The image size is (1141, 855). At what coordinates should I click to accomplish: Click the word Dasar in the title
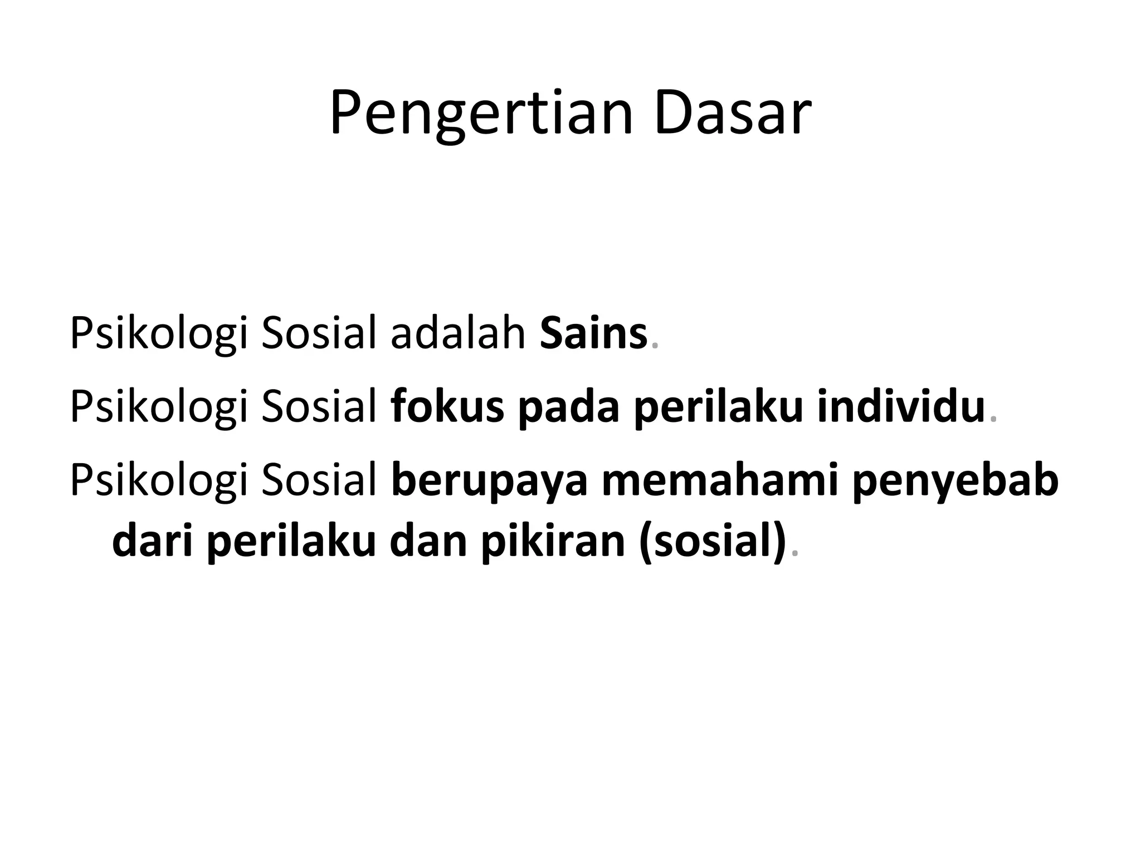(733, 114)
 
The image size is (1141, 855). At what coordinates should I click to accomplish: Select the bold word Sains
(593, 334)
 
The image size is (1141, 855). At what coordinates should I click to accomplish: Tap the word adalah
(458, 334)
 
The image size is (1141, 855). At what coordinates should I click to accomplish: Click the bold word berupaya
(489, 482)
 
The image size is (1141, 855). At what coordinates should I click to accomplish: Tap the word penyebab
(955, 482)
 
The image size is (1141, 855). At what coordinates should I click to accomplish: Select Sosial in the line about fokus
(319, 407)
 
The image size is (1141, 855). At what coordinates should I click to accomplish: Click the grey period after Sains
(655, 346)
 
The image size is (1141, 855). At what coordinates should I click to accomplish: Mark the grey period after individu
(992, 420)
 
